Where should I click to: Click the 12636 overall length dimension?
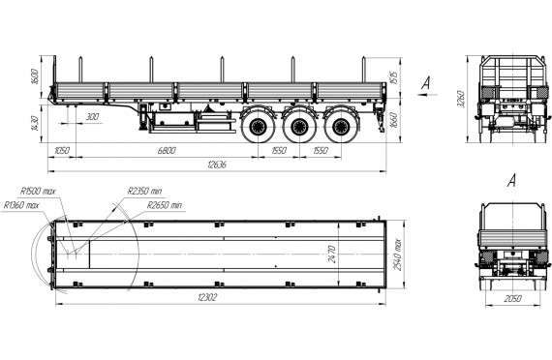[x=217, y=165]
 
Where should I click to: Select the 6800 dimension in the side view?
[x=167, y=151]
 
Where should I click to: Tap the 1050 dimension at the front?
[x=62, y=151]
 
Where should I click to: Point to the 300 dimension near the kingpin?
[x=92, y=116]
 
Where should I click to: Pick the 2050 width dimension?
[x=512, y=299]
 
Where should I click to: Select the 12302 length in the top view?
[x=207, y=297]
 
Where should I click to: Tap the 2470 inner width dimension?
[x=331, y=255]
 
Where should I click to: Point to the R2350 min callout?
[x=144, y=191]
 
